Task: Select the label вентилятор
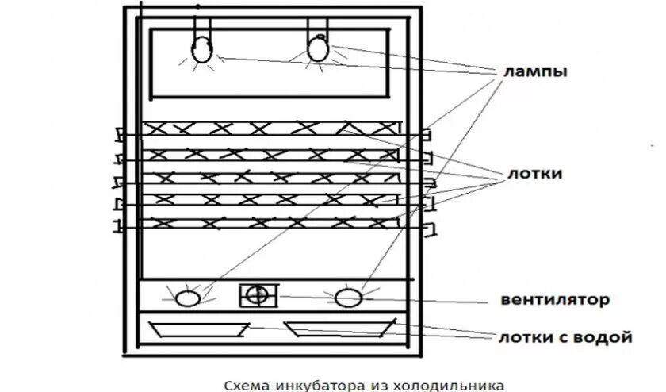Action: [x=555, y=300]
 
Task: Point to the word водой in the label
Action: [x=607, y=338]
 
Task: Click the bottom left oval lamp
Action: [x=188, y=299]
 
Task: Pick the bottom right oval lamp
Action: [x=347, y=298]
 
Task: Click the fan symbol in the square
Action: [x=257, y=295]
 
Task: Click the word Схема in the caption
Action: [x=244, y=385]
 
